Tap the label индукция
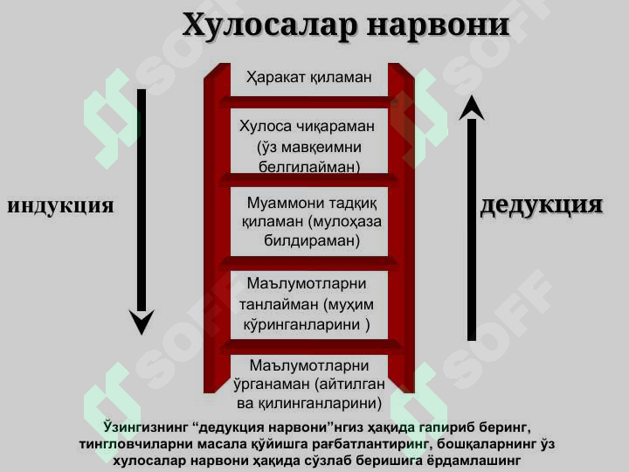point(60,206)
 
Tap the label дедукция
point(542,205)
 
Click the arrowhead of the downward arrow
point(142,322)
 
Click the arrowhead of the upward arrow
point(472,108)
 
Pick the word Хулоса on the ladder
point(266,127)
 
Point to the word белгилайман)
point(309,167)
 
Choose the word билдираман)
point(312,240)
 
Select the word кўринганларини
point(301,324)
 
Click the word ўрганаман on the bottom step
point(272,385)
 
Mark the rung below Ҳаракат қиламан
point(309,102)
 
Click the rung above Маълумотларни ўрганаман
point(311,345)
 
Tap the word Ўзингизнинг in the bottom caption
point(145,427)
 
